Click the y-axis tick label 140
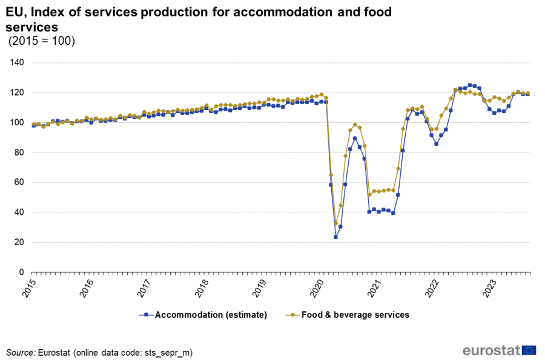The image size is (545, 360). click(17, 62)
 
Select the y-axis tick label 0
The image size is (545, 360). click(21, 272)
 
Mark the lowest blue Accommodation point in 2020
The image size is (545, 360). click(335, 237)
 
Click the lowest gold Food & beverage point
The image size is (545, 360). click(335, 223)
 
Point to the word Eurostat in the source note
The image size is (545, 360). click(53, 352)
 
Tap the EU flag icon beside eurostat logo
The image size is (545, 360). click(529, 350)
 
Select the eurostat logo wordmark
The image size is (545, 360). click(491, 350)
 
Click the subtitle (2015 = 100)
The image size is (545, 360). click(41, 41)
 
